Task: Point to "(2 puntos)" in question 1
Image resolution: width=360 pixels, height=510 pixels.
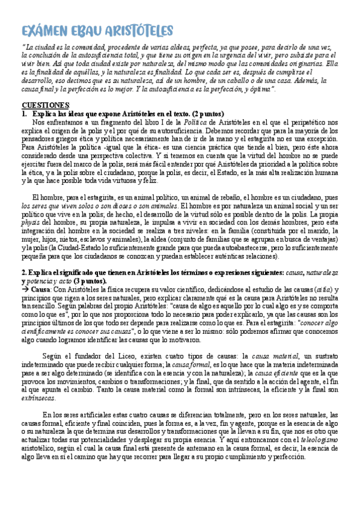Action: click(207, 113)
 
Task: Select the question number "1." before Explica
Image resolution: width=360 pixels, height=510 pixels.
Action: click(25, 113)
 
